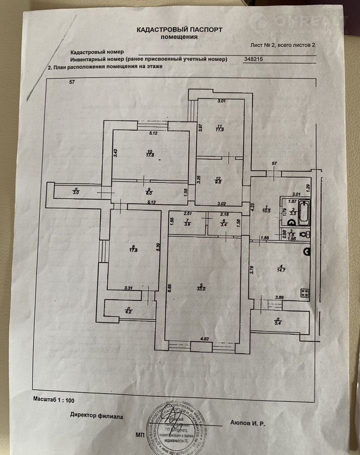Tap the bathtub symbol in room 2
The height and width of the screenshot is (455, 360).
click(x=303, y=212)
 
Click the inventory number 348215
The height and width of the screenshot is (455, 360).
click(x=253, y=59)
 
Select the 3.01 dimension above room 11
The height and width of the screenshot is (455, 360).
click(x=221, y=101)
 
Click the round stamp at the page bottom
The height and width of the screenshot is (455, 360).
click(x=172, y=421)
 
